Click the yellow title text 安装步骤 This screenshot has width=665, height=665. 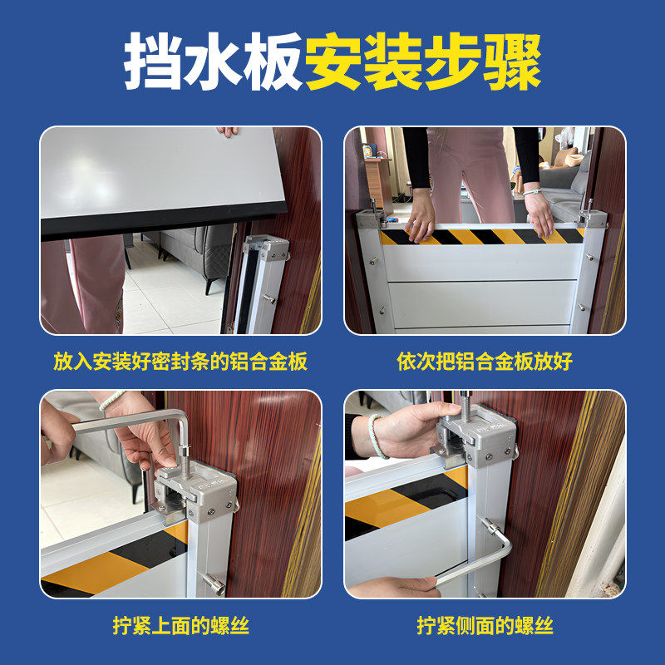coord(424,61)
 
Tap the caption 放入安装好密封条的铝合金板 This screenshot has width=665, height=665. coord(180,362)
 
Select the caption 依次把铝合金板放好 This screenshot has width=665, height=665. coord(485,362)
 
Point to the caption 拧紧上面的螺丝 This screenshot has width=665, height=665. coord(180,626)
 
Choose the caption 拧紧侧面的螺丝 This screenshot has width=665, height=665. coord(485,626)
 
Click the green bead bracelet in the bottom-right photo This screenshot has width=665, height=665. coord(376,437)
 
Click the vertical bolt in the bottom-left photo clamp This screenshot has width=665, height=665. coord(185,462)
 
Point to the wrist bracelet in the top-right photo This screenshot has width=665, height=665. coord(532,192)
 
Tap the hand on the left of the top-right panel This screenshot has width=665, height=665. coord(420,215)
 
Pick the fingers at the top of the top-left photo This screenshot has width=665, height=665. coord(228,131)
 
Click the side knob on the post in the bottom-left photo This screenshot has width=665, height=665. coord(214,584)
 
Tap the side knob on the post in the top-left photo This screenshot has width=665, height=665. coord(269,299)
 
